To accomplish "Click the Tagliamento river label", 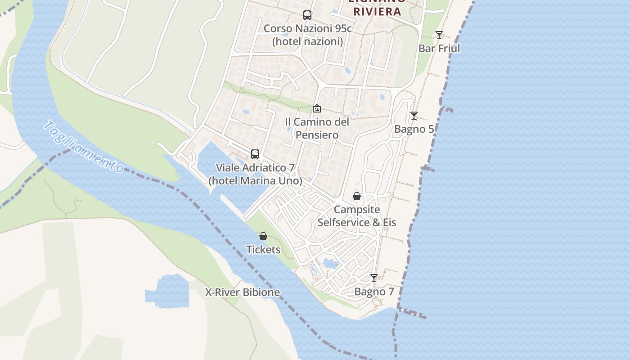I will point(84,147).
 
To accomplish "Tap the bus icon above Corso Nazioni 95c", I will point(307,15).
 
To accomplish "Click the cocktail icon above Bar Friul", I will point(439,35).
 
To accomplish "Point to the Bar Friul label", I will point(439,49).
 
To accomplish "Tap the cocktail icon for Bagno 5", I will point(414,116).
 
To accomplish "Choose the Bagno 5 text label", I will point(414,130).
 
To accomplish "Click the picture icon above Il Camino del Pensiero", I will point(317,108).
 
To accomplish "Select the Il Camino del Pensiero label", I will point(317,128).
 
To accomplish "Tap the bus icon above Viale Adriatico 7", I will point(255,154).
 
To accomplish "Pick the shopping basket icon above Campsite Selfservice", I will point(357,196).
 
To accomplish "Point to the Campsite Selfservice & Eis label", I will point(357,216).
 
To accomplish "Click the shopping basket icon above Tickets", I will point(263,236).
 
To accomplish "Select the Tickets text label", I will point(263,250).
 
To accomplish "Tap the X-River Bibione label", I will point(243,292).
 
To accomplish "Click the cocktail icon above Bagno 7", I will point(374,278).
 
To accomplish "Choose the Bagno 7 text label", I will point(374,292).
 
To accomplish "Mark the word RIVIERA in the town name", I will point(377,11).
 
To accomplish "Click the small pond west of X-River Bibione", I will point(167,292).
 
